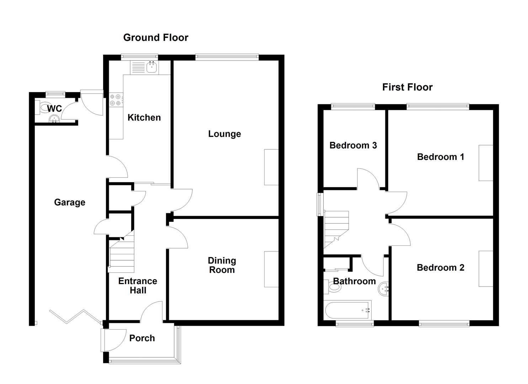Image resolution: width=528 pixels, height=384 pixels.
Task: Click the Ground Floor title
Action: coord(155,38)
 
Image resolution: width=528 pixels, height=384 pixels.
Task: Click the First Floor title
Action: coord(407,87)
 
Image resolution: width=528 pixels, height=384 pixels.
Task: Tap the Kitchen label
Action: coord(144,118)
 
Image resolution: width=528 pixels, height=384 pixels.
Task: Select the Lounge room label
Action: coord(224,134)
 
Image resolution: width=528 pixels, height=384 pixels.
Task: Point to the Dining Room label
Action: coord(222,265)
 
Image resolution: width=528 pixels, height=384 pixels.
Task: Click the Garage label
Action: coord(70,202)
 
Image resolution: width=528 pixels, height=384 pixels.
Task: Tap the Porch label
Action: coord(142,338)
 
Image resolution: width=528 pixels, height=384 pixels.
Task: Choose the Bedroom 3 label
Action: coord(353,145)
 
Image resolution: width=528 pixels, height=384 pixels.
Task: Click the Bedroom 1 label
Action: coord(441,157)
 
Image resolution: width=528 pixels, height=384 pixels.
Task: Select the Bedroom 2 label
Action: coord(441,268)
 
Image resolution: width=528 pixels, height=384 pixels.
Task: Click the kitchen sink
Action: coord(152,67)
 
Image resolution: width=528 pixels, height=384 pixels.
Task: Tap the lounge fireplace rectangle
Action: coord(271,167)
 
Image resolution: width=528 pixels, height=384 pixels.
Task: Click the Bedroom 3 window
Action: coord(353,106)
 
